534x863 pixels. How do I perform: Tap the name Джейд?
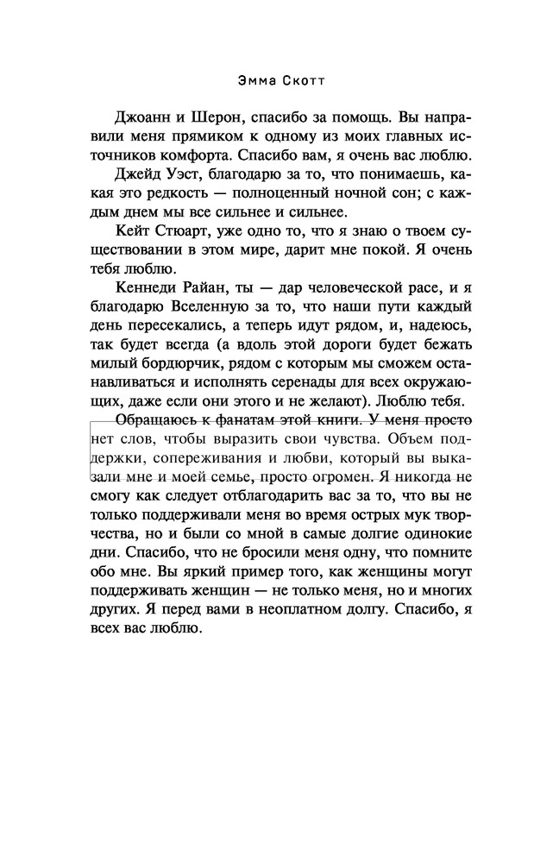[x=140, y=175]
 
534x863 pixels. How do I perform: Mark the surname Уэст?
[x=192, y=175]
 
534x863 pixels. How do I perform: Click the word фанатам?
[x=260, y=421]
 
